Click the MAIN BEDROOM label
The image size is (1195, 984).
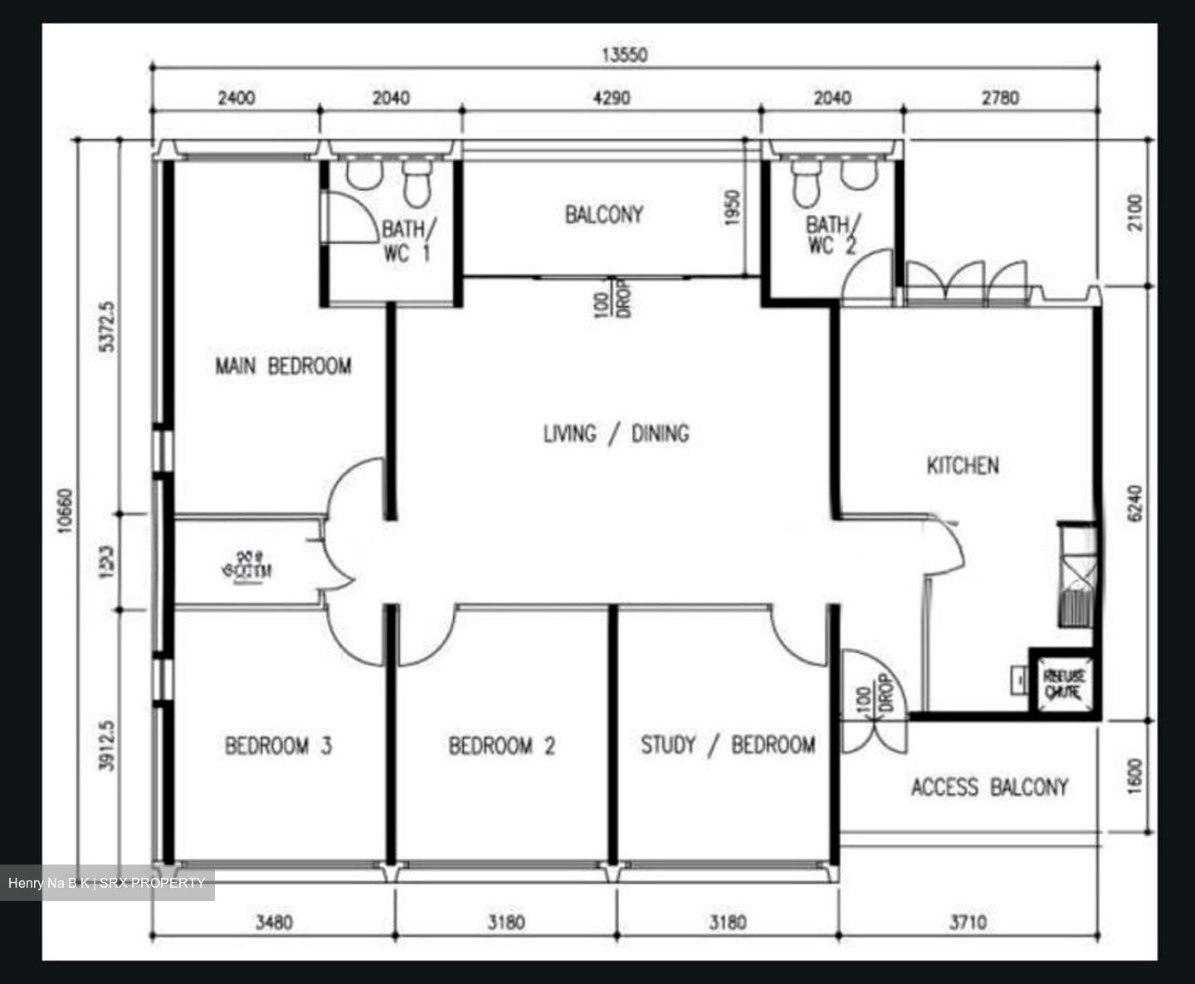coord(283,366)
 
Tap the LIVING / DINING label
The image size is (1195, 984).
coord(616,433)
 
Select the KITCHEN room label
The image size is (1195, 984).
coord(963,465)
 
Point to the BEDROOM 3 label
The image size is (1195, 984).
coord(278,746)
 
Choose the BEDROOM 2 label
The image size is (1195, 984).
coord(501,746)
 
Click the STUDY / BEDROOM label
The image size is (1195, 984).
coord(727,745)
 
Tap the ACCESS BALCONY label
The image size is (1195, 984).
coord(989,787)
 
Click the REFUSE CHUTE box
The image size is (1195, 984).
coord(1063,683)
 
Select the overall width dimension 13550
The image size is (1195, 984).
coord(624,55)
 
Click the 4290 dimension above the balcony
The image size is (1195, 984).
coord(611,98)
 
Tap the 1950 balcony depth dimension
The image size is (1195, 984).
coord(731,207)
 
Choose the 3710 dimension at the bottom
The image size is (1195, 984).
coord(968,922)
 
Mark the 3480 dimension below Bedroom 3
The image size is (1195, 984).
coord(274,922)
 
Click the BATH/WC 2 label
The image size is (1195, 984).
coord(832,235)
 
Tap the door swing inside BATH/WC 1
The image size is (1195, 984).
coord(349,218)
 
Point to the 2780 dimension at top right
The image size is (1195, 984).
coord(1000,98)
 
